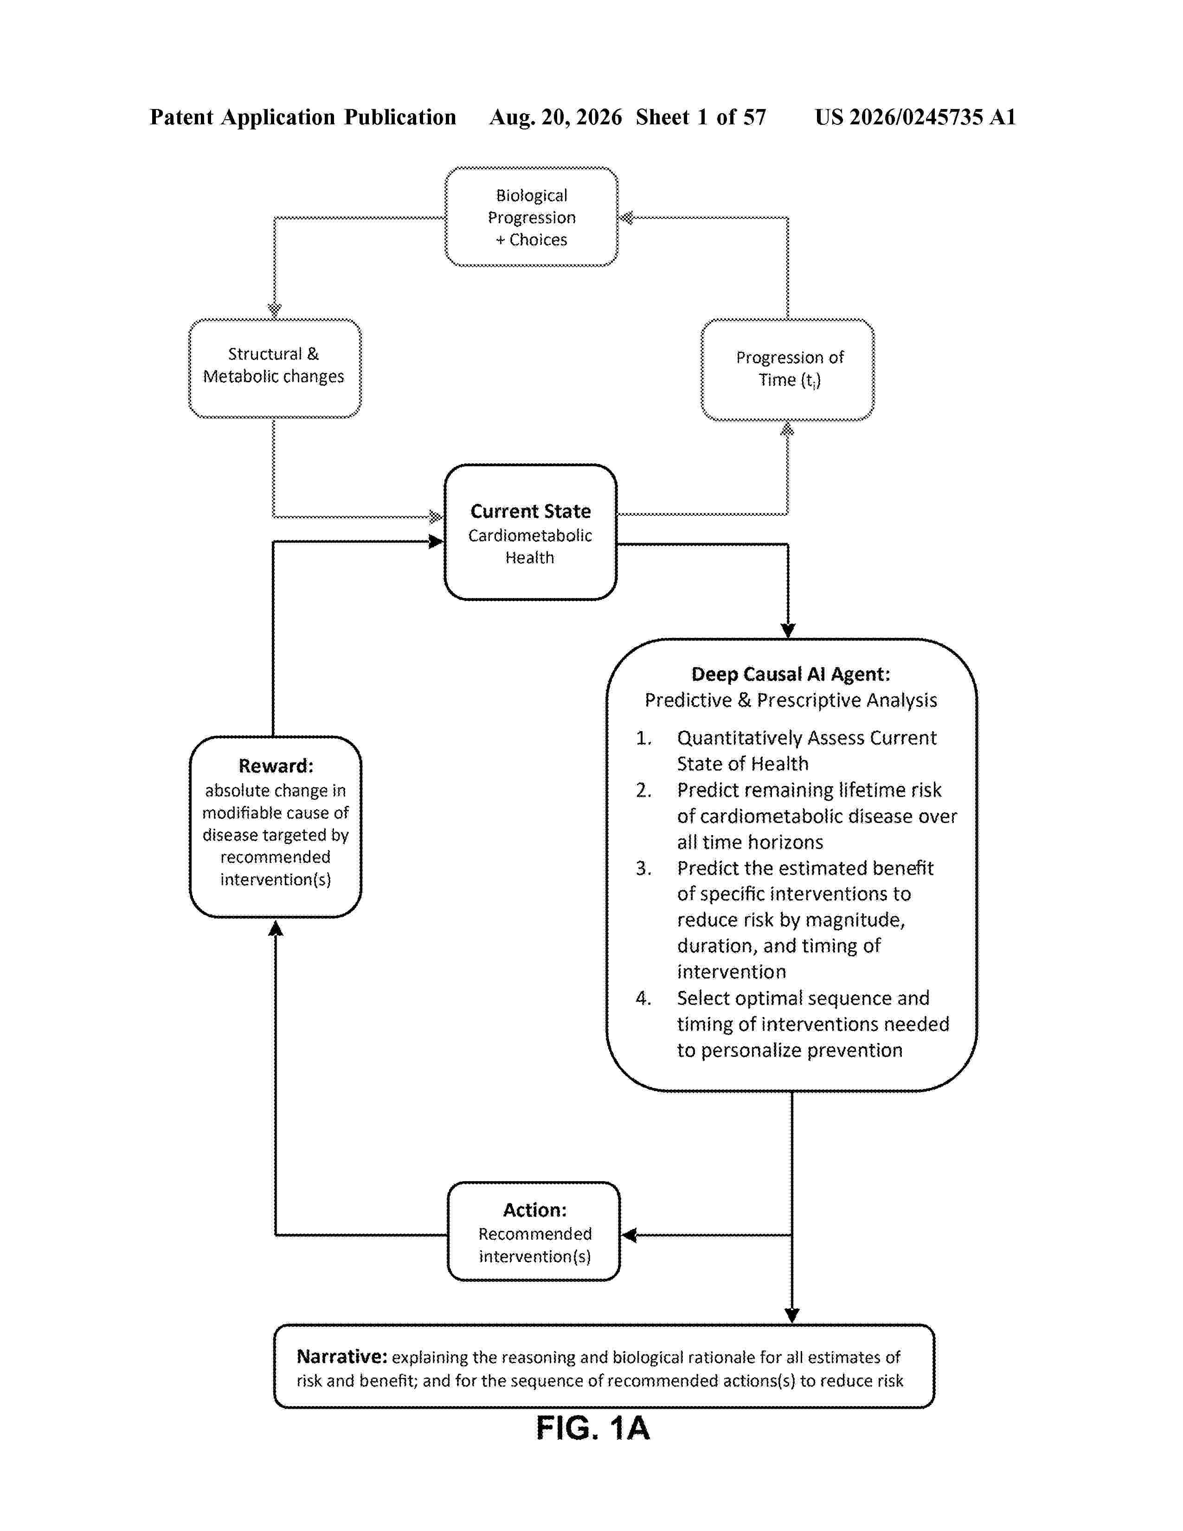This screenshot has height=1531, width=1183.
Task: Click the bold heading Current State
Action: [531, 511]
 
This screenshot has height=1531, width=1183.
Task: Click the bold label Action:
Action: [535, 1210]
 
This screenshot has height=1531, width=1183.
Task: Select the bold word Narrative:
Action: [342, 1357]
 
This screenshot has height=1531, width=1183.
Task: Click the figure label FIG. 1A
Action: [593, 1428]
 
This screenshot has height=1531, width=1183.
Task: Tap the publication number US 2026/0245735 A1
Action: [915, 117]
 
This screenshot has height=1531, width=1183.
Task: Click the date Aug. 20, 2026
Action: [556, 117]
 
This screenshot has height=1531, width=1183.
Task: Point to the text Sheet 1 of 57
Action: [701, 117]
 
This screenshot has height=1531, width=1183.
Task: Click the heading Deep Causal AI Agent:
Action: [791, 675]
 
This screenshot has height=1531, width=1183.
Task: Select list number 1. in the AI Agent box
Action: [643, 738]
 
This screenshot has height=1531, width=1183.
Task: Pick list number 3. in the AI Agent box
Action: [643, 868]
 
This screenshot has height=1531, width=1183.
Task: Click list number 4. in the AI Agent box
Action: [643, 998]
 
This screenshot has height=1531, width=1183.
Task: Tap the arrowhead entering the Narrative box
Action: [792, 1316]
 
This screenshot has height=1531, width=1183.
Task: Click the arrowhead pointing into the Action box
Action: [629, 1235]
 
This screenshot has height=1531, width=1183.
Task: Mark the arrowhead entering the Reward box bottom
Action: [276, 928]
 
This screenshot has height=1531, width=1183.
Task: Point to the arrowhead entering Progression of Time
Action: [788, 428]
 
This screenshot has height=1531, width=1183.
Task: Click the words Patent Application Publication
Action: [303, 117]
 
